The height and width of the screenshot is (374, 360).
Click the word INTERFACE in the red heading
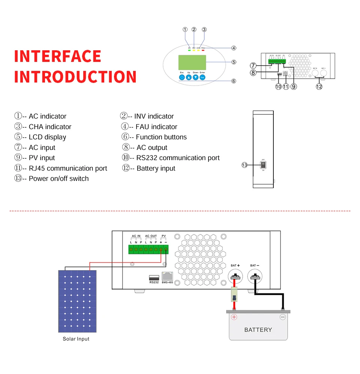[x=58, y=56]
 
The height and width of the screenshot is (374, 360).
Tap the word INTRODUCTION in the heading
[x=75, y=77]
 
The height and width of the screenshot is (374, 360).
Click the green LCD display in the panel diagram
[x=192, y=62]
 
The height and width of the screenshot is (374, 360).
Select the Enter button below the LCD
[x=202, y=77]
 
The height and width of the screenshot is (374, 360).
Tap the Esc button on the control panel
[x=182, y=77]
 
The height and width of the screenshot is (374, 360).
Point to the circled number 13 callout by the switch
[x=244, y=165]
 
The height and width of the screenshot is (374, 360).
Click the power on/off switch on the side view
[x=263, y=165]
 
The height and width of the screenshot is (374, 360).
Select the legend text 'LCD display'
[x=47, y=137]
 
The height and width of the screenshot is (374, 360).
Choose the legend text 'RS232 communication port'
[x=178, y=158]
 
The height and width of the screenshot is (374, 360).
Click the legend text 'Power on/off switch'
[x=58, y=179]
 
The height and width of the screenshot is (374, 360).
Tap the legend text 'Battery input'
[x=156, y=168]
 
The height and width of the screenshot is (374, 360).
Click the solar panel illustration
[x=77, y=301]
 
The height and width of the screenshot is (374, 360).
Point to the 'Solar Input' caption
[x=76, y=339]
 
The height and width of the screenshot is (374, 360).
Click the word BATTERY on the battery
[x=258, y=330]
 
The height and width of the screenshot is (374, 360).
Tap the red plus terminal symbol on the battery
[x=234, y=317]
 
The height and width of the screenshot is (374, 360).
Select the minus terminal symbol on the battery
[x=283, y=317]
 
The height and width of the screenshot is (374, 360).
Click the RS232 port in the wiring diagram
[x=154, y=277]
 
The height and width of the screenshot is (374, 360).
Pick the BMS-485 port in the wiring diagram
[x=167, y=276]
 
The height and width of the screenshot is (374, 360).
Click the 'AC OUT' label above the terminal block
[x=151, y=236]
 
